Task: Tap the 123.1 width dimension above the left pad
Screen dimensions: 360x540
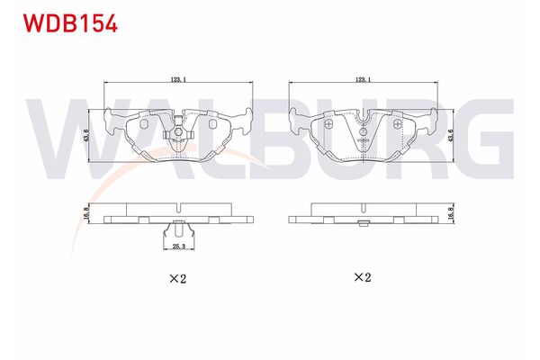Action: pyautogui.click(x=179, y=80)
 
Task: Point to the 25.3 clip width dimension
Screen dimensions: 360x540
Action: pyautogui.click(x=178, y=246)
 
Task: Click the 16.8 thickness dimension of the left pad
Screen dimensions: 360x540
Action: pyautogui.click(x=86, y=213)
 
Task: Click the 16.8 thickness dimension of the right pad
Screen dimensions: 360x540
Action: pyautogui.click(x=451, y=213)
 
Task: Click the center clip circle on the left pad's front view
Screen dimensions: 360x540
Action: pyautogui.click(x=180, y=134)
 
